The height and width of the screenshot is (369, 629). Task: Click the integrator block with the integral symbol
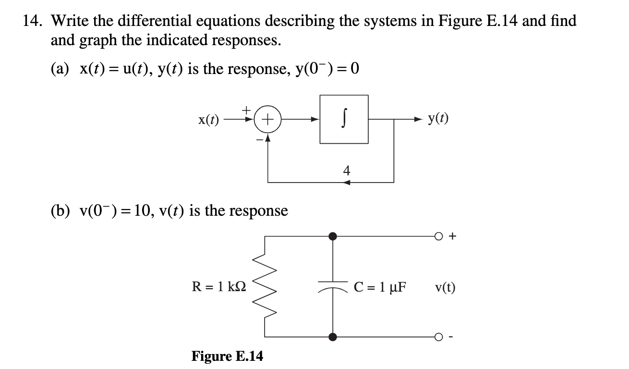[344, 119]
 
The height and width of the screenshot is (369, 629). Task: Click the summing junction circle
[267, 119]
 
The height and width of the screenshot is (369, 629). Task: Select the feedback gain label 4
[347, 171]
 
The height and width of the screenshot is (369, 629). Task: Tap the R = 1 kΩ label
[219, 287]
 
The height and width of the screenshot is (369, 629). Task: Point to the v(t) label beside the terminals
[445, 287]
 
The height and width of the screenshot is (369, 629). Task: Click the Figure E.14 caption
[227, 356]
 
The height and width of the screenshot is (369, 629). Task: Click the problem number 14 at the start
[32, 21]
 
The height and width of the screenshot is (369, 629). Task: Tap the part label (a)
[60, 69]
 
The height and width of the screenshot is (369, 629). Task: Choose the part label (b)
[60, 210]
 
